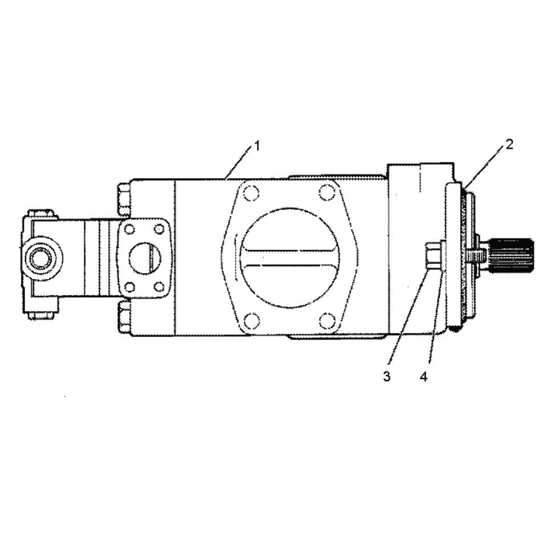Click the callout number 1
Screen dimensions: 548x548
click(x=257, y=146)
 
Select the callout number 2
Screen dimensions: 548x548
click(x=509, y=144)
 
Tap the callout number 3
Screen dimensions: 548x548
click(x=387, y=377)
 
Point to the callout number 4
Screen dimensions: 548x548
click(x=424, y=377)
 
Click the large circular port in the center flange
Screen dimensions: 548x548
click(x=289, y=257)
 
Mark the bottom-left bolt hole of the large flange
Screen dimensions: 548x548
click(x=251, y=321)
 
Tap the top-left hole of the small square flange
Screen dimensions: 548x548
click(x=130, y=229)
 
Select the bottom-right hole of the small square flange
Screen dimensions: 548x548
click(x=159, y=287)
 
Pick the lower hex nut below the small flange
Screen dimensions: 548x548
click(x=124, y=317)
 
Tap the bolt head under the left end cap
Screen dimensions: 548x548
click(x=42, y=314)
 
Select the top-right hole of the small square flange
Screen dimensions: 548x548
click(x=159, y=229)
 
